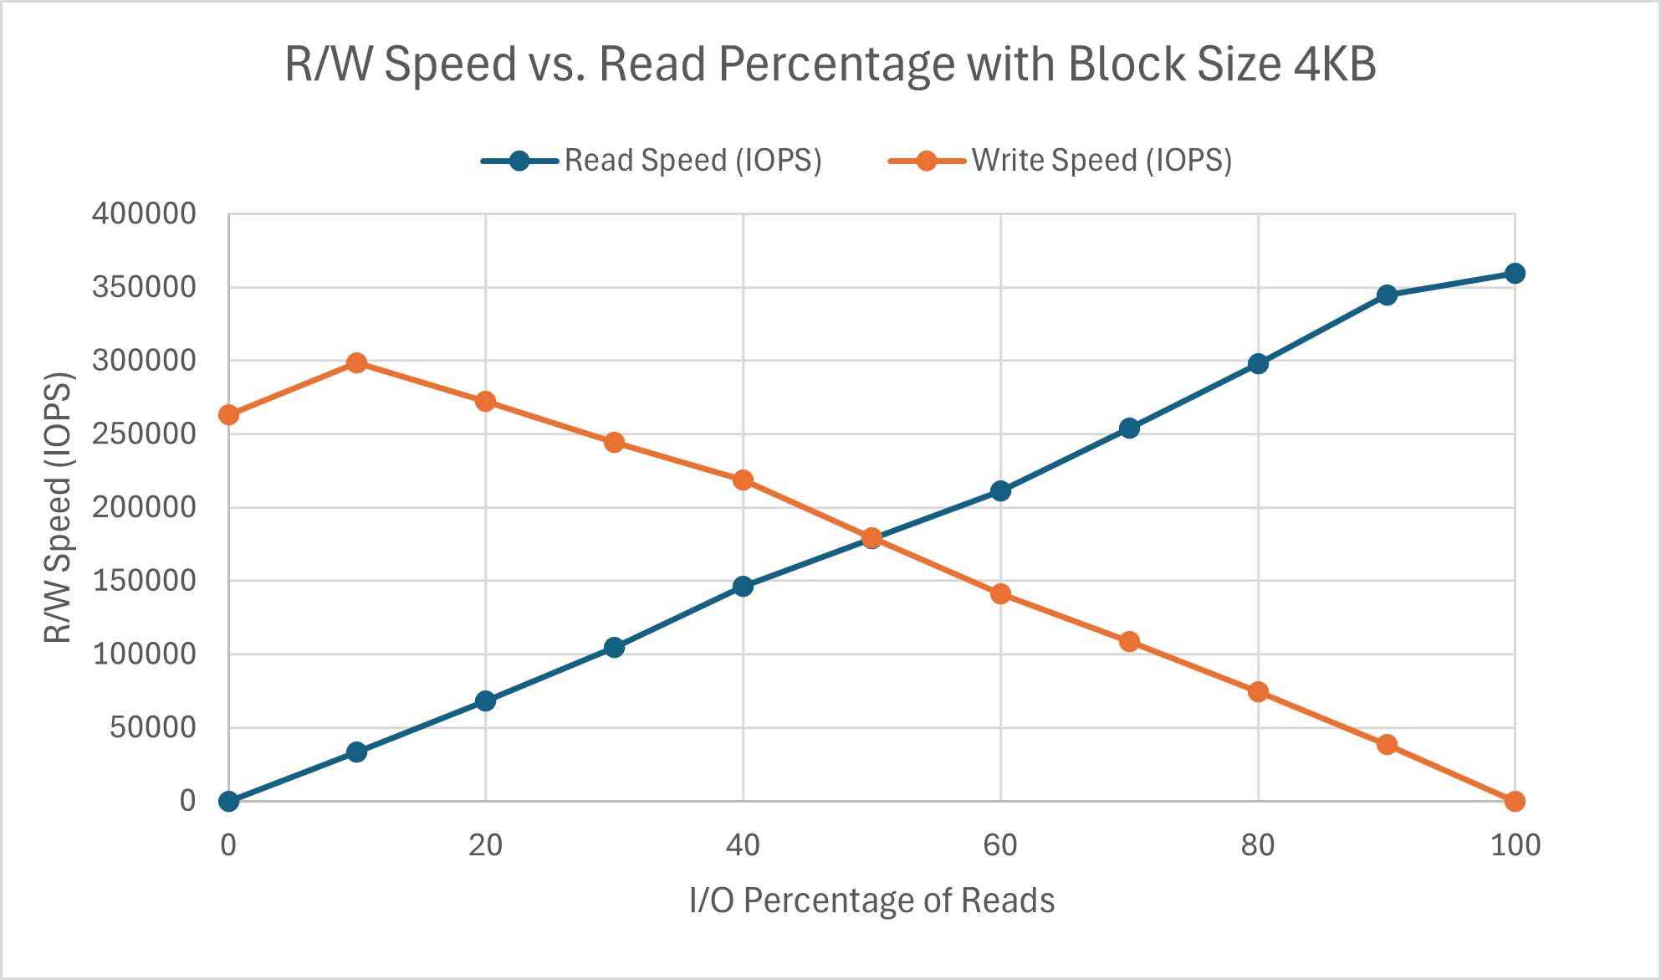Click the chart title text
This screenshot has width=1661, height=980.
click(x=830, y=64)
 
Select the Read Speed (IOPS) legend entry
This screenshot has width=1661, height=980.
click(x=652, y=161)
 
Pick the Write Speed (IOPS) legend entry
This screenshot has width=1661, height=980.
click(x=1060, y=161)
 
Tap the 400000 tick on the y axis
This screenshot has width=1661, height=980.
click(x=144, y=214)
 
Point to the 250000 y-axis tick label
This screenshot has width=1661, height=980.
click(x=144, y=434)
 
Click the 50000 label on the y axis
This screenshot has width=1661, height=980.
click(x=152, y=727)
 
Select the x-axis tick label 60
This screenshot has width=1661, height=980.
click(x=1000, y=846)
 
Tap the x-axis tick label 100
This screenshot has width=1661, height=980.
click(x=1515, y=846)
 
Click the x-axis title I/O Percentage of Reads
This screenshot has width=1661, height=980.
click(x=871, y=901)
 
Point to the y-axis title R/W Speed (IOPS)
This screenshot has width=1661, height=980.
click(x=59, y=507)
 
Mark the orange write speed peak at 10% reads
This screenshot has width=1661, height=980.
click(x=357, y=363)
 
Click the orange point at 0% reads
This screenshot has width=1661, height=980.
click(x=228, y=415)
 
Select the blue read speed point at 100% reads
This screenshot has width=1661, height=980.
click(x=1515, y=274)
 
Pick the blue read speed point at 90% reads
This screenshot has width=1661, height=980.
click(x=1387, y=295)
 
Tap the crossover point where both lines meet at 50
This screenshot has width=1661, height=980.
click(x=871, y=538)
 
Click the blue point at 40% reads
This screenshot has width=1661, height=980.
click(x=743, y=587)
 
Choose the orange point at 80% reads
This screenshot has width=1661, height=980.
click(x=1258, y=692)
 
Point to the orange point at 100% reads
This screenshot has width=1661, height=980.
click(x=1515, y=802)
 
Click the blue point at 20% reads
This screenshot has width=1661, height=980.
click(x=485, y=701)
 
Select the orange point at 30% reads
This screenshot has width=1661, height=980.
click(x=614, y=443)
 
